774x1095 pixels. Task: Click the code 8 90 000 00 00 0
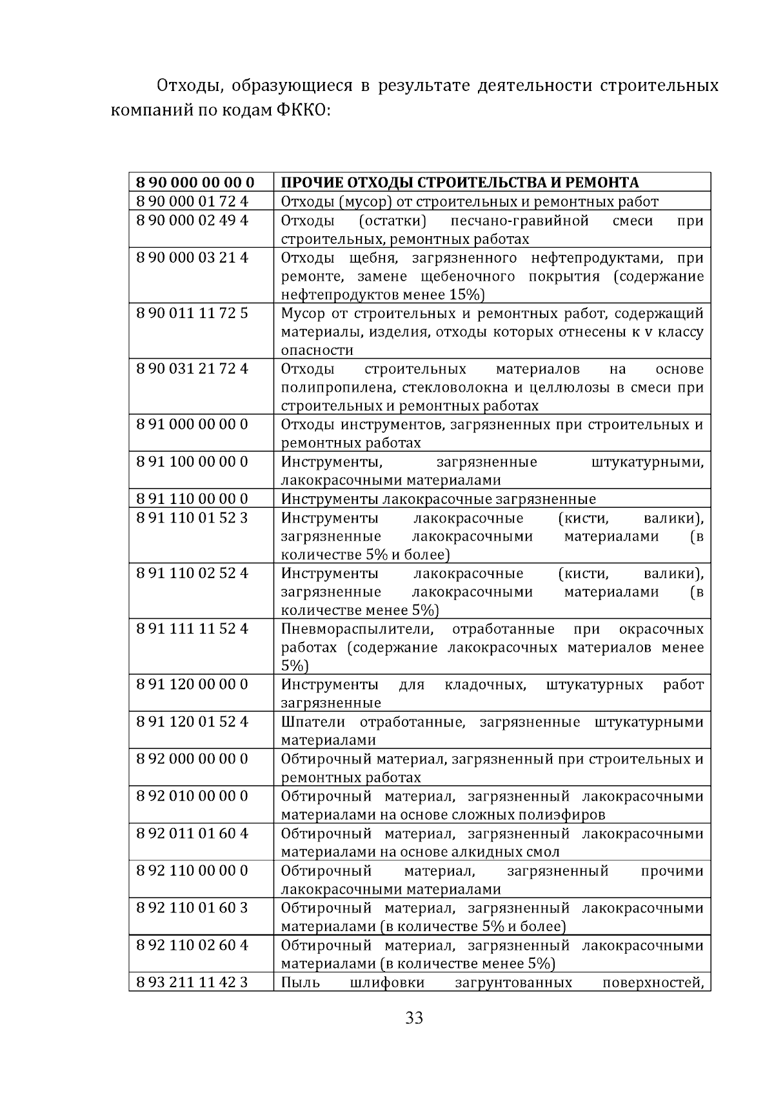click(x=195, y=182)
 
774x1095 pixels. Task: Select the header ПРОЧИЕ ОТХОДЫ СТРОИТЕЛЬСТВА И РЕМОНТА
click(x=460, y=183)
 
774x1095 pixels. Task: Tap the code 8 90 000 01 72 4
click(x=192, y=201)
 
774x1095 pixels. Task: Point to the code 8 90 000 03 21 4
click(x=192, y=257)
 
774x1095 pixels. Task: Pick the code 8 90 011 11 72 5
click(x=192, y=313)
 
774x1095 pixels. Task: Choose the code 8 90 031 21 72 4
click(x=192, y=368)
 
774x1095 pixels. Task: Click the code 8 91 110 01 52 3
click(x=192, y=517)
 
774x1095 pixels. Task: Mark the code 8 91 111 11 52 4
click(x=192, y=628)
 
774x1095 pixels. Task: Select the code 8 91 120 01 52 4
click(x=192, y=721)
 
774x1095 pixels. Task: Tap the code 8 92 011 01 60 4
click(x=192, y=833)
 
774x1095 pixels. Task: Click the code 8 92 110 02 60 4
click(x=192, y=945)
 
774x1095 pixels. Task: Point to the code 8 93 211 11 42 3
click(x=192, y=982)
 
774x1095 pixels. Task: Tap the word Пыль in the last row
click(x=297, y=983)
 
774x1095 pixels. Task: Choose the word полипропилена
click(x=330, y=388)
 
